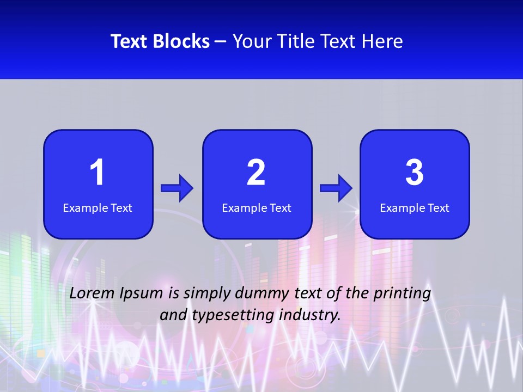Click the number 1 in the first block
[98, 173]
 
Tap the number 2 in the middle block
[256, 173]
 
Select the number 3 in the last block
[415, 173]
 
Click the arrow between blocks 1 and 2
[177, 188]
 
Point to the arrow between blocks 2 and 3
[336, 188]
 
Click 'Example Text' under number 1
[98, 208]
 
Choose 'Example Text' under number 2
[257, 208]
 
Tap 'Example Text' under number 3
[415, 208]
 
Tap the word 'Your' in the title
[251, 41]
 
